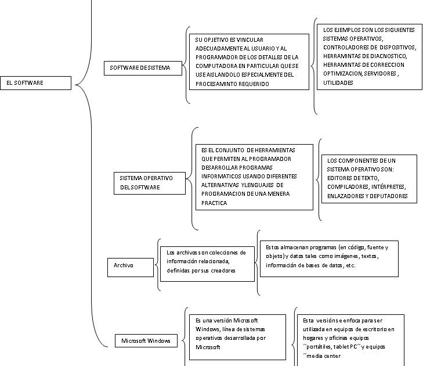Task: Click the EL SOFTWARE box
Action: pyautogui.click(x=36, y=83)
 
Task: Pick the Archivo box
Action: pyautogui.click(x=124, y=265)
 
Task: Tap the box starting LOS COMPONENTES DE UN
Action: pyautogui.click(x=369, y=178)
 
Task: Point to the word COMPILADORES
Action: pyautogui.click(x=348, y=187)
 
